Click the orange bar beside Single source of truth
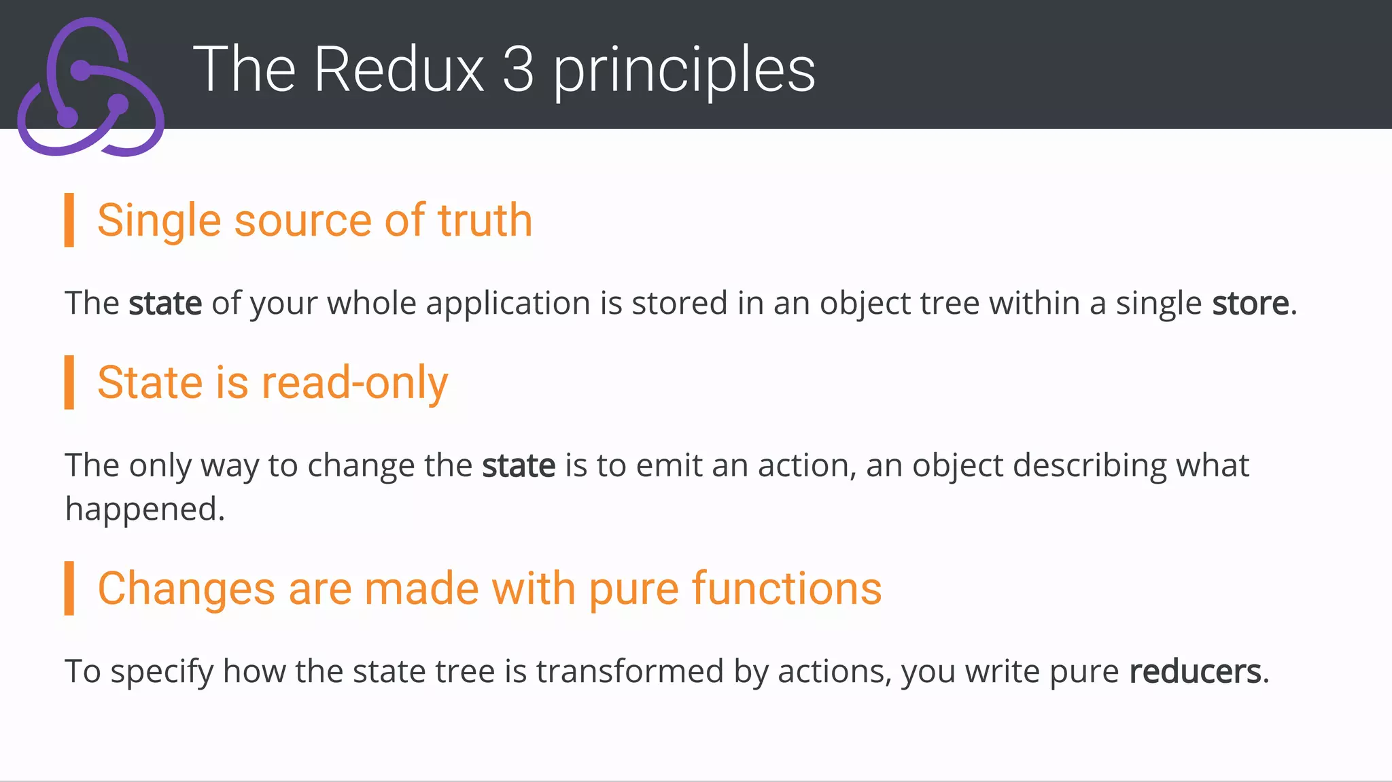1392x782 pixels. [x=69, y=219]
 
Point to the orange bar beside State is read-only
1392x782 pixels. [x=69, y=382]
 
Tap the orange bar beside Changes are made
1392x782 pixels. [x=69, y=588]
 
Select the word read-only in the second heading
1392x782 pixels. [x=355, y=383]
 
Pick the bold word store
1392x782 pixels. [x=1251, y=303]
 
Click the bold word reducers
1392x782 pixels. [x=1195, y=671]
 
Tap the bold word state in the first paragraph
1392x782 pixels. [x=165, y=303]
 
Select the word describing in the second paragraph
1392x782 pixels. [x=1090, y=466]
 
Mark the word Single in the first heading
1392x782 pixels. [x=159, y=221]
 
